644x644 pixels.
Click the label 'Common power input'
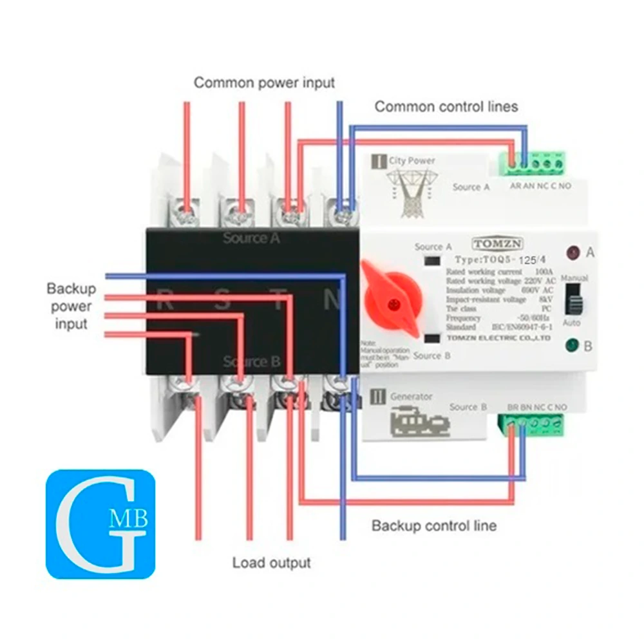tap(265, 83)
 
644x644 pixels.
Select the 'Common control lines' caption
tap(446, 106)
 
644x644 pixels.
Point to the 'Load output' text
tap(272, 563)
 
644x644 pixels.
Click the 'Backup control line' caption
tap(434, 526)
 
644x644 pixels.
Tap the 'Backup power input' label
tap(71, 306)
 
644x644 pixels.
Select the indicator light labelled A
tap(571, 253)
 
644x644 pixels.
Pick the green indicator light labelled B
tap(571, 346)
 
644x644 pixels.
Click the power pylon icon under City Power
tap(410, 193)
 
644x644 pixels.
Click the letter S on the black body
tap(223, 301)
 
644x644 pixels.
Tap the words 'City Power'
tap(412, 160)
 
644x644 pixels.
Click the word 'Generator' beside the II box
tap(412, 397)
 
